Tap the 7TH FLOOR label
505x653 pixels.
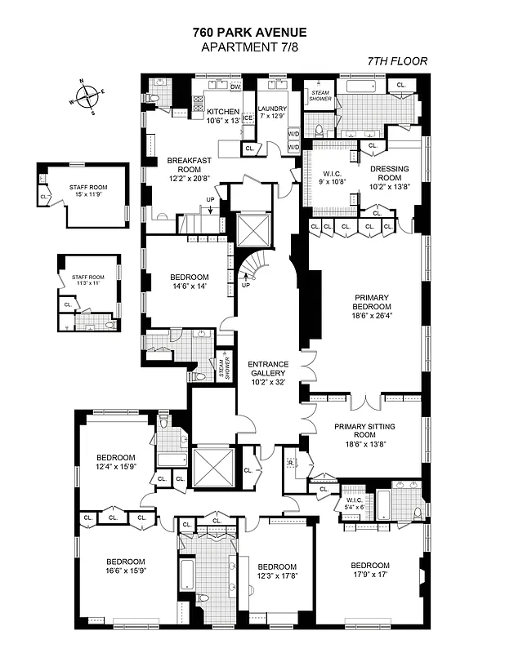(396, 61)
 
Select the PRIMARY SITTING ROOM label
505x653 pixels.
(365, 433)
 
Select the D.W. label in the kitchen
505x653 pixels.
(236, 87)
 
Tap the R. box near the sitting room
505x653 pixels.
(291, 463)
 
